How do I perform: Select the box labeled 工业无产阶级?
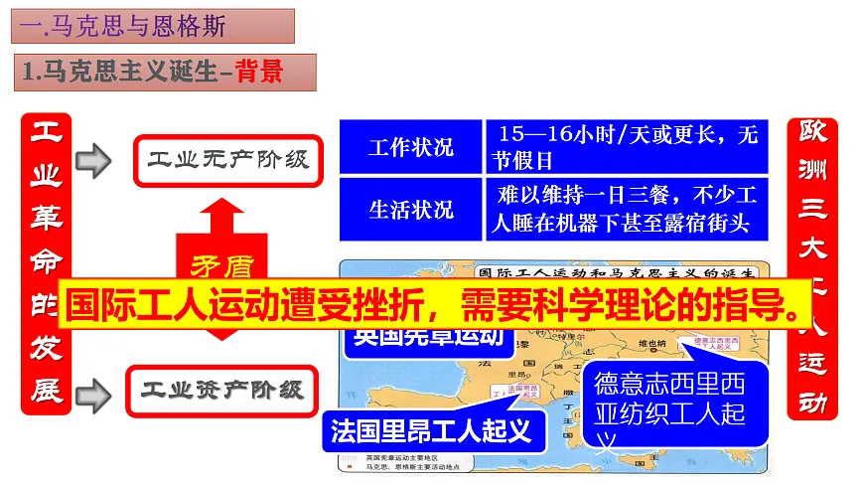pyautogui.click(x=228, y=159)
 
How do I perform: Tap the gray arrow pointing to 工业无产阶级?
pyautogui.click(x=93, y=159)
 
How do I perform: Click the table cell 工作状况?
pyautogui.click(x=410, y=147)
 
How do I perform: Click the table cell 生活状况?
pyautogui.click(x=410, y=209)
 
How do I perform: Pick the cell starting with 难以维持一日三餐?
pyautogui.click(x=630, y=209)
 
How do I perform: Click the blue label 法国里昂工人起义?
pyautogui.click(x=431, y=430)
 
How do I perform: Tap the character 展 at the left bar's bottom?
pyautogui.click(x=46, y=390)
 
